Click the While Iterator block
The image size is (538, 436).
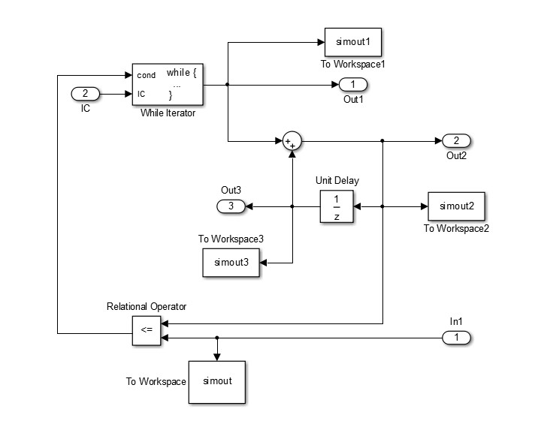click(168, 84)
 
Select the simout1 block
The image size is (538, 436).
click(353, 42)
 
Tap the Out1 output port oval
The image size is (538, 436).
click(353, 84)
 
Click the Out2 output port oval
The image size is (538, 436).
click(456, 141)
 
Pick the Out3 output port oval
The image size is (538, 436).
click(230, 206)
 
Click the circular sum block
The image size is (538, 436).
click(292, 141)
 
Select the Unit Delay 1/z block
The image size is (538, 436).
click(337, 206)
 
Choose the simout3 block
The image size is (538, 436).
click(231, 262)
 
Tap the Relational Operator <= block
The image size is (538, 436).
click(147, 331)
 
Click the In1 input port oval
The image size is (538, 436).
click(456, 338)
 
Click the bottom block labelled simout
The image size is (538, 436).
click(217, 381)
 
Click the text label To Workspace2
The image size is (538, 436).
click(456, 228)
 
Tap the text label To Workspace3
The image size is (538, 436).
click(230, 239)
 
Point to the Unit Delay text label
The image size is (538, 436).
click(337, 181)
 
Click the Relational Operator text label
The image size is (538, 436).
click(147, 306)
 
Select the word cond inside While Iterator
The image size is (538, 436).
click(147, 75)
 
